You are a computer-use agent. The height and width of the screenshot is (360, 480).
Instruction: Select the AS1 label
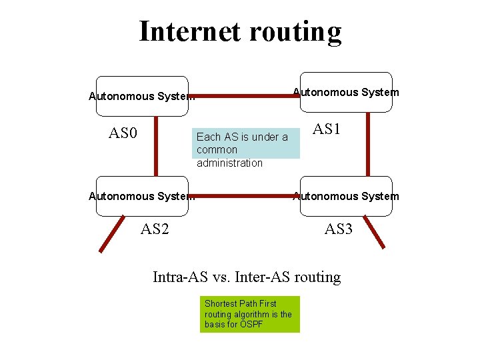click(327, 129)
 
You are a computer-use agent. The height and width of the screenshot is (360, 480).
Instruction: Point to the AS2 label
click(155, 230)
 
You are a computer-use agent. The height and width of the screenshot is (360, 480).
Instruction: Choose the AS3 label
click(338, 230)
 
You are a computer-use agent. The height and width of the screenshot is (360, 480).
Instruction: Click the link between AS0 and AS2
click(156, 147)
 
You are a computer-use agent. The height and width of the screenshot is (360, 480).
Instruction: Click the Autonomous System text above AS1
click(346, 92)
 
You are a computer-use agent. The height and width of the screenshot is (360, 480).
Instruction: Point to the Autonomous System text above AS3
click(346, 196)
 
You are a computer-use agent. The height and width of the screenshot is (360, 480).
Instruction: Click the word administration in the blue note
click(230, 163)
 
